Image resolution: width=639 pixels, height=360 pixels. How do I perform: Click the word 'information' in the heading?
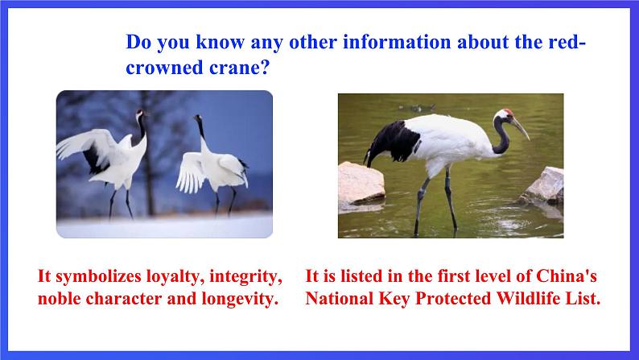pos(397,42)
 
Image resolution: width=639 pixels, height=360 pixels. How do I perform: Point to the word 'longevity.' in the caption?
pos(240,300)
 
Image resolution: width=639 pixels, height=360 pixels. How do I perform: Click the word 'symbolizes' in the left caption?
pos(99,277)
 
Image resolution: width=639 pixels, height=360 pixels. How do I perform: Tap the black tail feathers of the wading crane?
pos(391,143)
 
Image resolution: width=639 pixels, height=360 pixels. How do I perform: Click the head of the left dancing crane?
pos(140,113)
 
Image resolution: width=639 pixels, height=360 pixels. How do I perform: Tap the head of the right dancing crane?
pos(198,118)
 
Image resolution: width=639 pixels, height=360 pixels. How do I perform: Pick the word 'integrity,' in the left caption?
pos(245,277)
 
